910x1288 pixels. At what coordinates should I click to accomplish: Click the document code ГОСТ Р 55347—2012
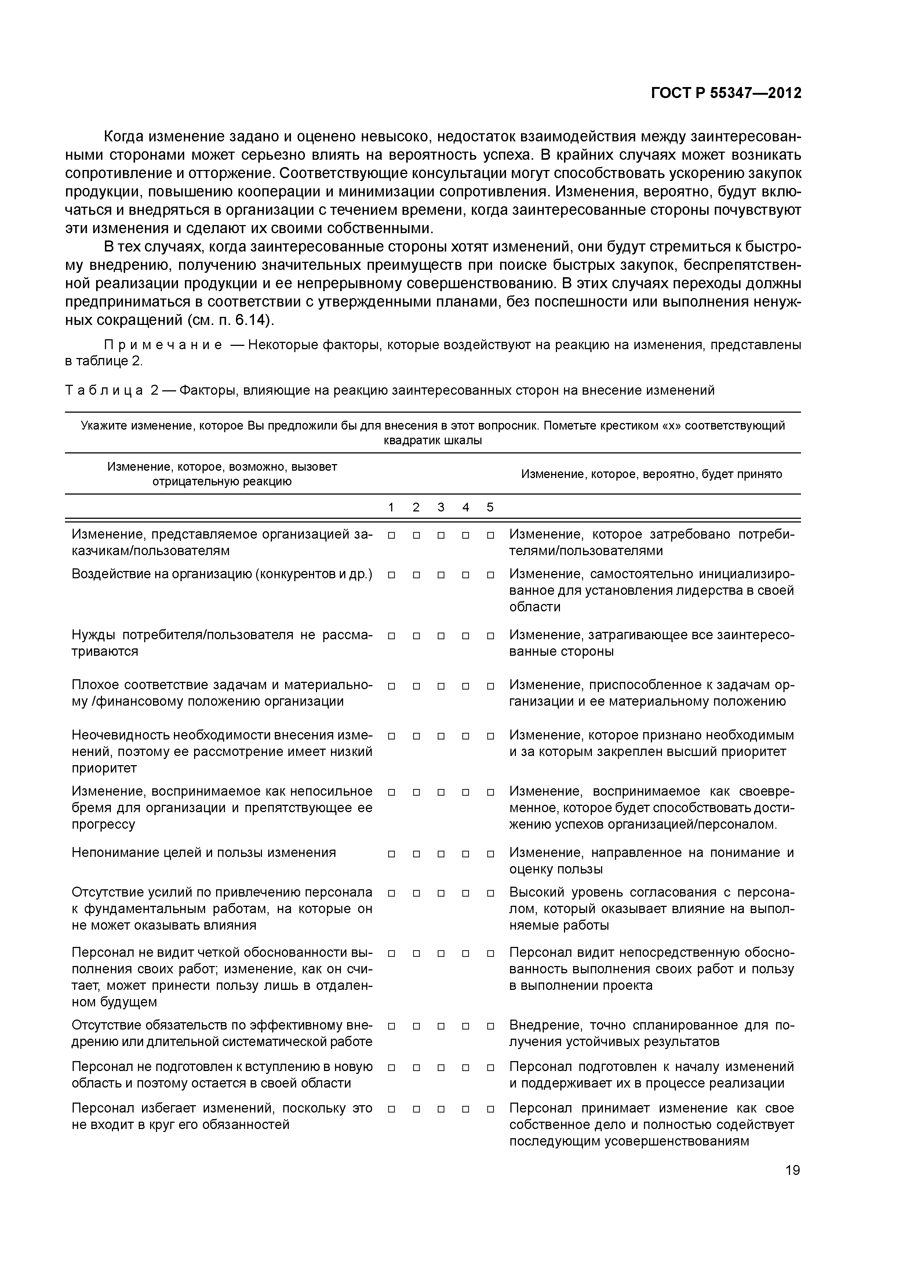click(x=726, y=93)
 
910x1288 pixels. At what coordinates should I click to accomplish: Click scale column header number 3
click(x=441, y=507)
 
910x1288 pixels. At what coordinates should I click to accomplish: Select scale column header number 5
click(x=490, y=507)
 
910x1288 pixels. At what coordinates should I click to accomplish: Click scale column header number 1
click(x=392, y=507)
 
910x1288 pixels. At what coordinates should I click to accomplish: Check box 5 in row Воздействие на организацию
click(x=490, y=575)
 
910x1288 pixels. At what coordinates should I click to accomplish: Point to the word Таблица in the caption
click(x=104, y=390)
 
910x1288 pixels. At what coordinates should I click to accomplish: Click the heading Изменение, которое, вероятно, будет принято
click(x=652, y=474)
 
